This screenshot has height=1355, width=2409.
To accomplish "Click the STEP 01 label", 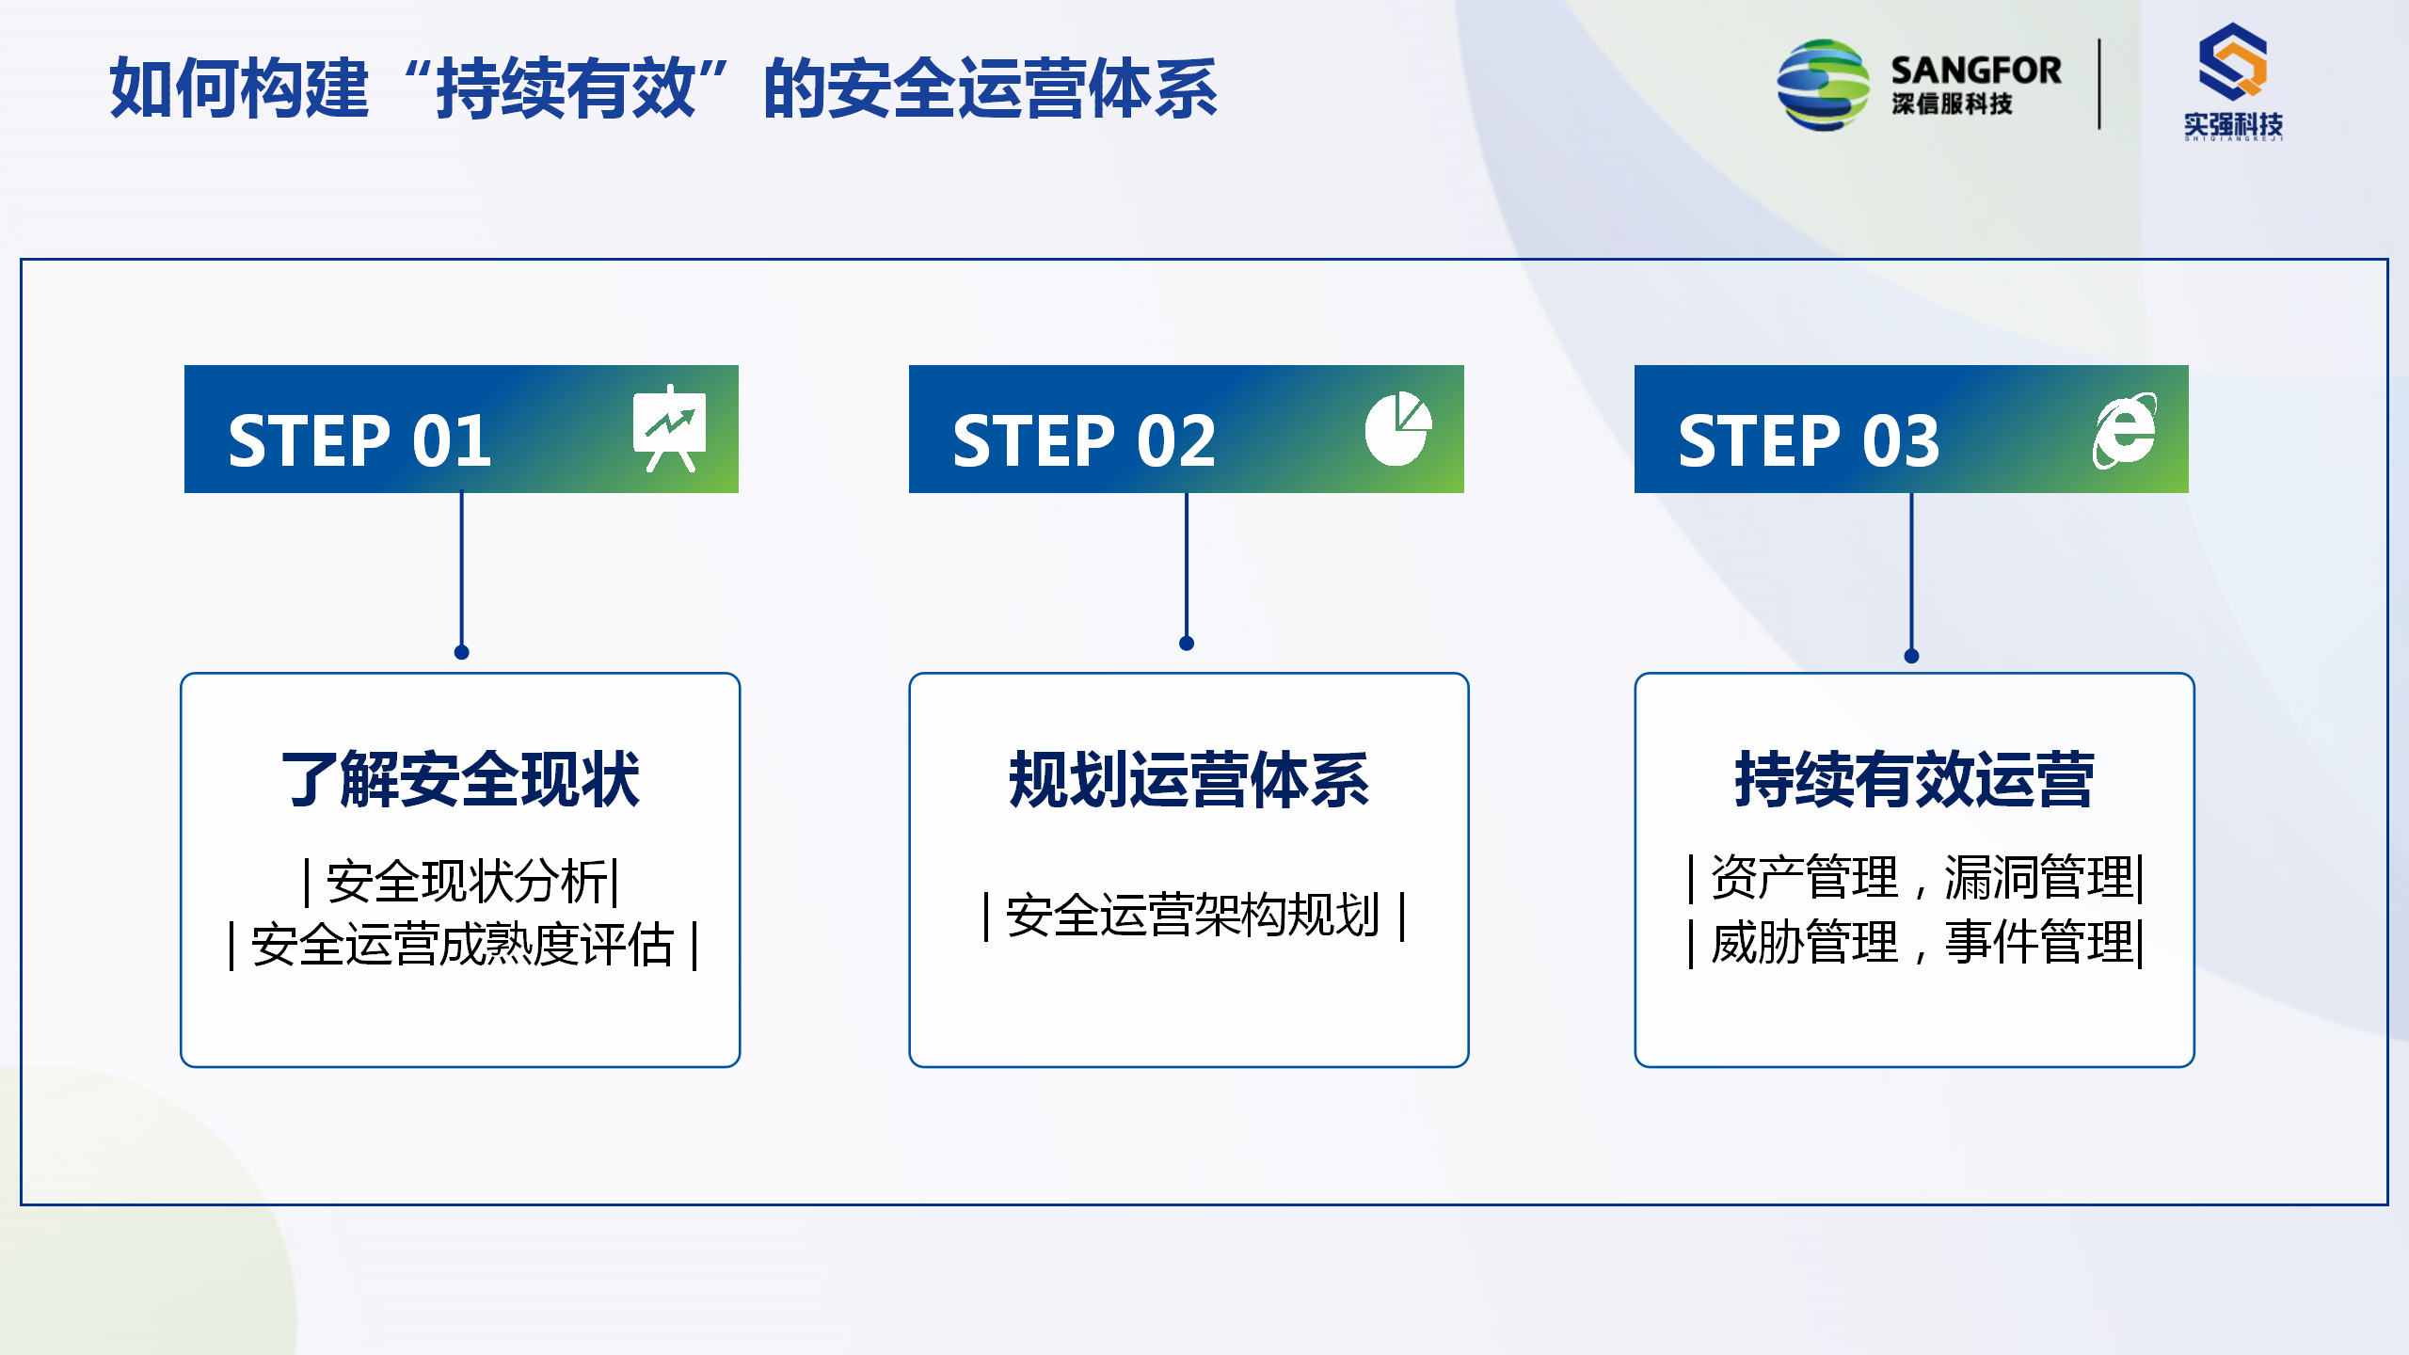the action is click(359, 440).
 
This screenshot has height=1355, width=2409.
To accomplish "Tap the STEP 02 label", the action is click(1084, 440).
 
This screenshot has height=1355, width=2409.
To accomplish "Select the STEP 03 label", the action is click(1809, 440).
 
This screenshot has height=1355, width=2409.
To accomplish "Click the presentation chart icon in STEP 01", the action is click(669, 428).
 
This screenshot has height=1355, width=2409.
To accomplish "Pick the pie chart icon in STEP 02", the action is click(1398, 428).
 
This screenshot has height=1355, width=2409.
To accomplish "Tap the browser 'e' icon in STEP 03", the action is click(2125, 430).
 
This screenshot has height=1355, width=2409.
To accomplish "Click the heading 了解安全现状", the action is click(460, 779).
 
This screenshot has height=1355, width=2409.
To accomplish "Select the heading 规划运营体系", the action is click(1189, 779).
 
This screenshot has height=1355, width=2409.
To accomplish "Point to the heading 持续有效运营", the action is click(1914, 779).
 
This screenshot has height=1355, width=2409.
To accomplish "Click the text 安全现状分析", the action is click(467, 882).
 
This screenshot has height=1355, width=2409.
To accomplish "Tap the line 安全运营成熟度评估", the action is click(462, 945).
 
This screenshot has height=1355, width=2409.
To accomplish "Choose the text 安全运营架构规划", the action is click(1192, 915).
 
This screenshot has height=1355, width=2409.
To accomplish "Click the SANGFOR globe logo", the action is click(1823, 85).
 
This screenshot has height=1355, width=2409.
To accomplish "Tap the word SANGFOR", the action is click(1976, 71).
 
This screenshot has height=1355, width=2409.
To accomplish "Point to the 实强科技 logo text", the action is click(2233, 124).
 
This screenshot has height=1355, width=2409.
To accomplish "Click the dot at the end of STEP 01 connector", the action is click(461, 652).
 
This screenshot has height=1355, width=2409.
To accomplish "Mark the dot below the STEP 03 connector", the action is click(1911, 656).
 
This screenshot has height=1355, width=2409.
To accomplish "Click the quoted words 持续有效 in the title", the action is click(566, 88).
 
